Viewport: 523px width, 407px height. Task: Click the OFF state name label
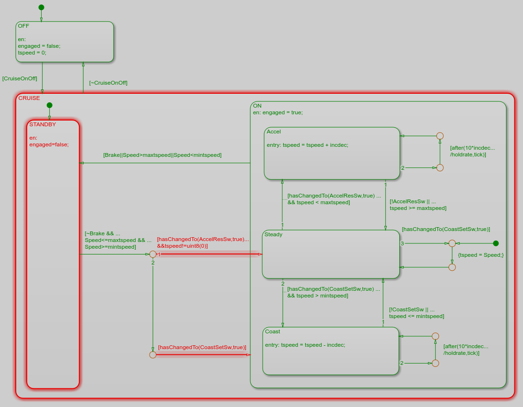click(x=23, y=26)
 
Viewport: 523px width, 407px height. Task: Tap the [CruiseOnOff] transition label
click(x=20, y=78)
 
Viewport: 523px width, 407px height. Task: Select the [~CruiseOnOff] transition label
click(x=108, y=83)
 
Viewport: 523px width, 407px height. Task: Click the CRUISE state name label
click(x=29, y=98)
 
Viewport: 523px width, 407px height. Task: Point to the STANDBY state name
click(x=43, y=124)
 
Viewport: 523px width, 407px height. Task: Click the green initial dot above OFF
click(x=41, y=7)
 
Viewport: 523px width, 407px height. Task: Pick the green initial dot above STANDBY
click(x=49, y=105)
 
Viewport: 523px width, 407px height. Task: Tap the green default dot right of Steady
click(x=496, y=243)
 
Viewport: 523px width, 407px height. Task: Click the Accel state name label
click(x=274, y=132)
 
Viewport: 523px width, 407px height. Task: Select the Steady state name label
click(x=273, y=234)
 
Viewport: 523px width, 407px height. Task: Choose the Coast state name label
click(x=273, y=331)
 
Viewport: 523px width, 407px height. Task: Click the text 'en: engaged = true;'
click(x=278, y=112)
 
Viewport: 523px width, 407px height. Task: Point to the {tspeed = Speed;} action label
click(x=481, y=255)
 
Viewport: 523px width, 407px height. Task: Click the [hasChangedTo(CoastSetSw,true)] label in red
click(x=202, y=347)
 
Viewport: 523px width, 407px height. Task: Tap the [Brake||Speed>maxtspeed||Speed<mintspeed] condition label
click(x=162, y=155)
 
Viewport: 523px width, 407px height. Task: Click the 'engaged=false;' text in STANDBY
click(x=49, y=144)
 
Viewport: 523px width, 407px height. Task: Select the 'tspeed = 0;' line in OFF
click(x=32, y=53)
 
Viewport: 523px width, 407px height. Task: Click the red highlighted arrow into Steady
click(x=210, y=254)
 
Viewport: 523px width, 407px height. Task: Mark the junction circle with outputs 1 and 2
click(x=153, y=254)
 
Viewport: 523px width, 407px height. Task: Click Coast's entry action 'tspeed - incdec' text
click(x=325, y=344)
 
